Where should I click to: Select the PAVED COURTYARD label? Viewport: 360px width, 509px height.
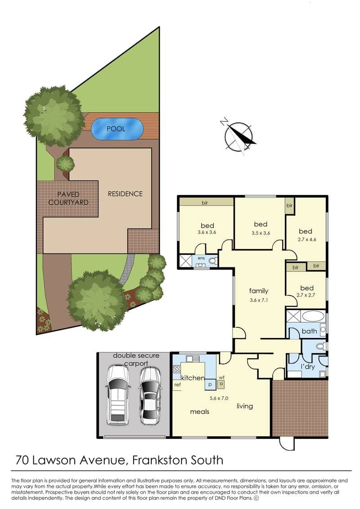(x=68, y=198)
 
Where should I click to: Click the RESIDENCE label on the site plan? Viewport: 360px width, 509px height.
(x=125, y=194)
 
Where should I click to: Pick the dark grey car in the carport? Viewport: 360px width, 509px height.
(x=149, y=395)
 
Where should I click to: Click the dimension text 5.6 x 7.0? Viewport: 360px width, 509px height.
(x=220, y=398)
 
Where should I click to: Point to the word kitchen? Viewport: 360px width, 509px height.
(x=193, y=378)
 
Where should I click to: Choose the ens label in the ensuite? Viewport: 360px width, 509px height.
(x=201, y=259)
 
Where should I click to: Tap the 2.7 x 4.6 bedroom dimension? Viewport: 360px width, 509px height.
(x=308, y=239)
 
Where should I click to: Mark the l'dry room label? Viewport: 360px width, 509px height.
(x=308, y=367)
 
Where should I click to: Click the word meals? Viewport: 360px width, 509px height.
(x=199, y=411)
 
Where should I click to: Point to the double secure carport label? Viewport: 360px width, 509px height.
(x=135, y=359)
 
